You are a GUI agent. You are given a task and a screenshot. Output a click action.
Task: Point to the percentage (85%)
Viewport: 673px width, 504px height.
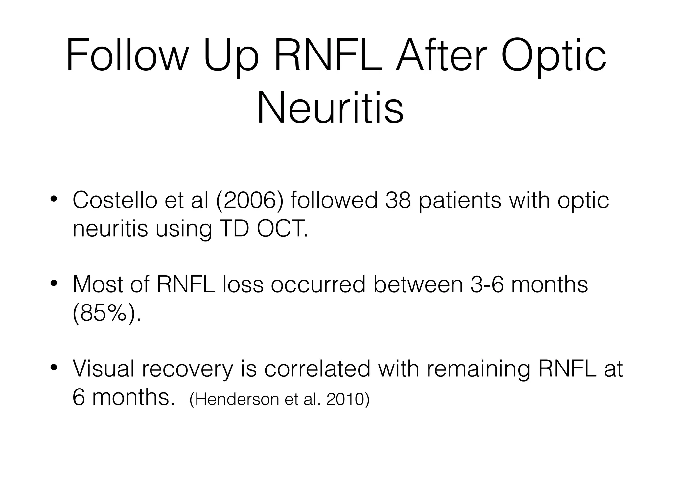106,313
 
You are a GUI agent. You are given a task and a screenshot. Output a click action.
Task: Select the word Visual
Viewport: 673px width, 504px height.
104,369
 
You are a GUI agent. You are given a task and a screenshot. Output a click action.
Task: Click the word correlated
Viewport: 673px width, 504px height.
317,369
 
